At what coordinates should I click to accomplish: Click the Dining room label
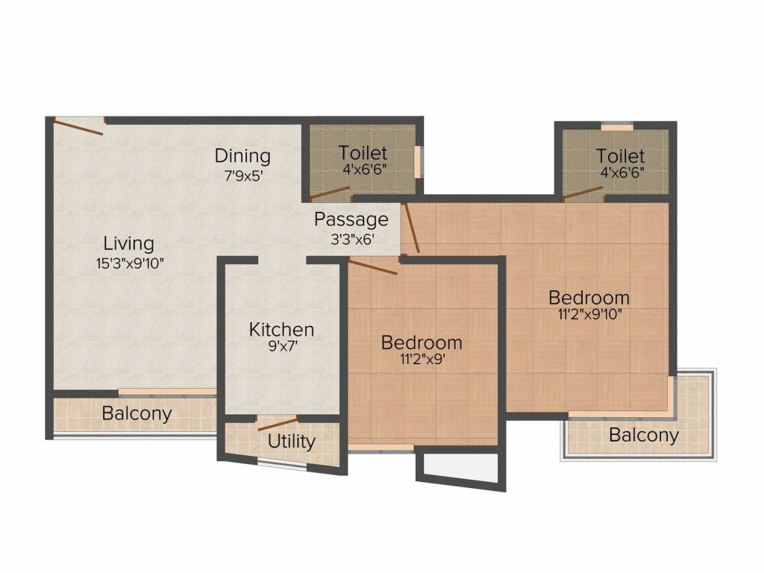(242, 156)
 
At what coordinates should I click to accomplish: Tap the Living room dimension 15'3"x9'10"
(128, 262)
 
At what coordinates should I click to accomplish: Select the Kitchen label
(281, 329)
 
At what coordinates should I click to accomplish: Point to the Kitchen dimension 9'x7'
(281, 347)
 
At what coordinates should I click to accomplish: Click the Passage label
(351, 219)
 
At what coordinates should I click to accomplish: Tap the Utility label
(291, 441)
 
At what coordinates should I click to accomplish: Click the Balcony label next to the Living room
(137, 413)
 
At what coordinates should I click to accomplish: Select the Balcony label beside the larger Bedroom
(644, 435)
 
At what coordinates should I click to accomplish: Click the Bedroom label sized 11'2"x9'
(422, 342)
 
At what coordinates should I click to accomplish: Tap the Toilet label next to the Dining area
(363, 153)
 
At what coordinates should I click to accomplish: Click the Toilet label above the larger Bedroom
(620, 156)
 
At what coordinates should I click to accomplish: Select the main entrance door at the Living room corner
(79, 127)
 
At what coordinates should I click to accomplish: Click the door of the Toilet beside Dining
(330, 192)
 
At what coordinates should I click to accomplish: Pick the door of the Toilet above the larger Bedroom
(583, 193)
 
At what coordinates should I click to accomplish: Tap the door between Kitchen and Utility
(278, 424)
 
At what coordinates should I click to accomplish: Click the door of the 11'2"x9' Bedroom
(373, 267)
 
